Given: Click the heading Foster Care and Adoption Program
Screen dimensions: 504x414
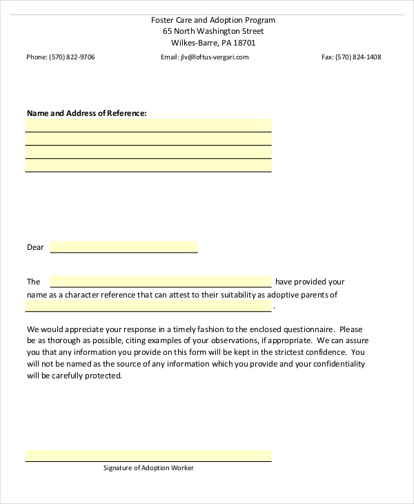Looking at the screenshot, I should (213, 20).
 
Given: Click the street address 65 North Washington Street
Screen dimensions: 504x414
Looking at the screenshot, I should (213, 31).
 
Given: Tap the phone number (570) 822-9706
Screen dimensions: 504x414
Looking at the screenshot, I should (72, 57).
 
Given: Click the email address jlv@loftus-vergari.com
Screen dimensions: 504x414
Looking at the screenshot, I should (215, 57).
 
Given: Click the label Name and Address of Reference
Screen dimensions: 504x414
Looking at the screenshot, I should (86, 113).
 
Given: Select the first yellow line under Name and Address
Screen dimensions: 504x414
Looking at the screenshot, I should (148, 125).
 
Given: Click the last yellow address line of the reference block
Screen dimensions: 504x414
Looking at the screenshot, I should (148, 165).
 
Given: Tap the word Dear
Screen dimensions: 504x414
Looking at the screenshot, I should (35, 247).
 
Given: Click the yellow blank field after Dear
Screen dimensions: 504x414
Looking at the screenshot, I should (124, 247).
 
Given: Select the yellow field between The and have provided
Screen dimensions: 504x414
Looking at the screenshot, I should (161, 282).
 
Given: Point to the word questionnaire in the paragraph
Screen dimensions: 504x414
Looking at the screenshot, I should (309, 330).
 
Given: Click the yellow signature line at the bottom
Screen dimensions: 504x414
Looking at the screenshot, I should (148, 456).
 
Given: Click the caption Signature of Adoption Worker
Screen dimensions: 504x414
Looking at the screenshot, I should (148, 468).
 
